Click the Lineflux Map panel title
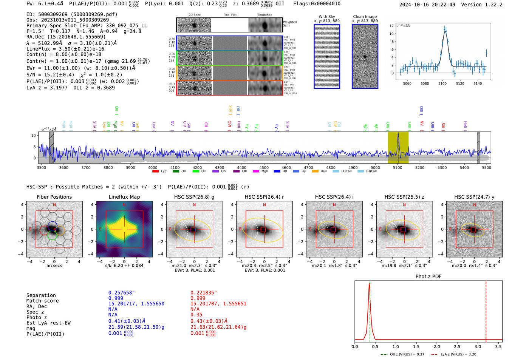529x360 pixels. [124, 197]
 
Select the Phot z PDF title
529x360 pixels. [428, 277]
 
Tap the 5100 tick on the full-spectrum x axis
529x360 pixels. [398, 168]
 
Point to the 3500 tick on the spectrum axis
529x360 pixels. [42, 168]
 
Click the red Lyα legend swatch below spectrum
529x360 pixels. [155, 172]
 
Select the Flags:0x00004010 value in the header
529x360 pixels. [317, 4]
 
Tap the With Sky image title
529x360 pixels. [327, 17]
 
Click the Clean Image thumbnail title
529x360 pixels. [365, 17]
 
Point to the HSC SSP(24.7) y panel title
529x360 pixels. [474, 197]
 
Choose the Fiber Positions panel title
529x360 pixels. [54, 197]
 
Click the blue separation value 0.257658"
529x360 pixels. [121, 293]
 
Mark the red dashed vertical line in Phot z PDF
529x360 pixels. [486, 310]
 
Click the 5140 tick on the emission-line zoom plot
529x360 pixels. [478, 83]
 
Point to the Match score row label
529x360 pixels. [42, 301]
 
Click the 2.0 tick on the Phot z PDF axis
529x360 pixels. [437, 346]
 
